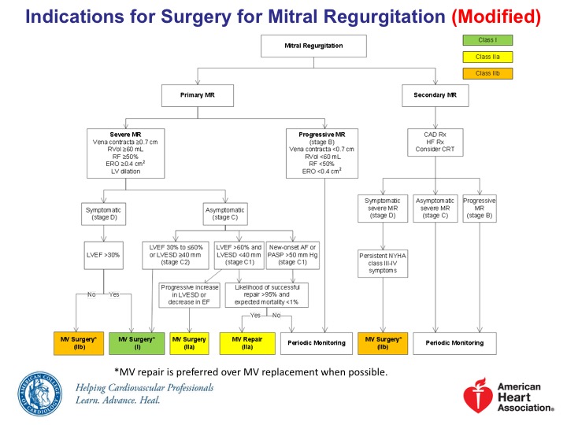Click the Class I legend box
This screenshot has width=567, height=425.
pos(480,40)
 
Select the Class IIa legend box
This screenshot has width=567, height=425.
pos(480,57)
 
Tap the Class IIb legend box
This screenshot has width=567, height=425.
pos(480,73)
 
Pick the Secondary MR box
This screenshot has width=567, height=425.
pos(435,97)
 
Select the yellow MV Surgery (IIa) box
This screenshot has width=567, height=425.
pos(195,342)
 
